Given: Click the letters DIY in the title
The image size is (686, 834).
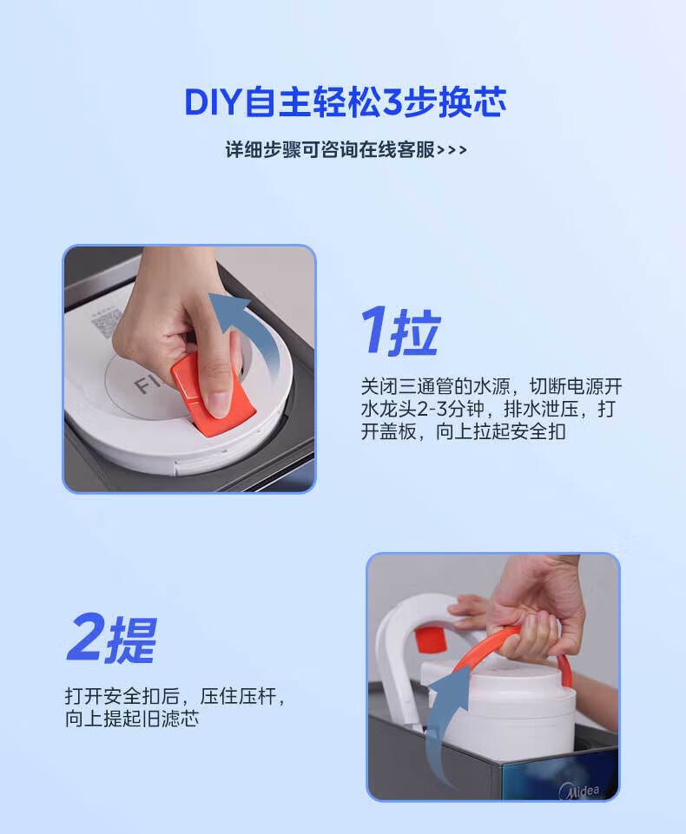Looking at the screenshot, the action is coord(213,102).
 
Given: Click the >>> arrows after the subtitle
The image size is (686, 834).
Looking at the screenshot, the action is coord(452,150).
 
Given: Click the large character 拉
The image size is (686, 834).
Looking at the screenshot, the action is coord(414,332).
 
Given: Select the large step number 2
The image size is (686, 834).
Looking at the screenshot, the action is coord(87,637).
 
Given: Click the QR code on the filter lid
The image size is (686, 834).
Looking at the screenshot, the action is coord(108,322).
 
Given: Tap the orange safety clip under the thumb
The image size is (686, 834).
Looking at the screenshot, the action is coord(213,394).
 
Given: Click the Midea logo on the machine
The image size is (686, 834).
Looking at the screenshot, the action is coord(579,791).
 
